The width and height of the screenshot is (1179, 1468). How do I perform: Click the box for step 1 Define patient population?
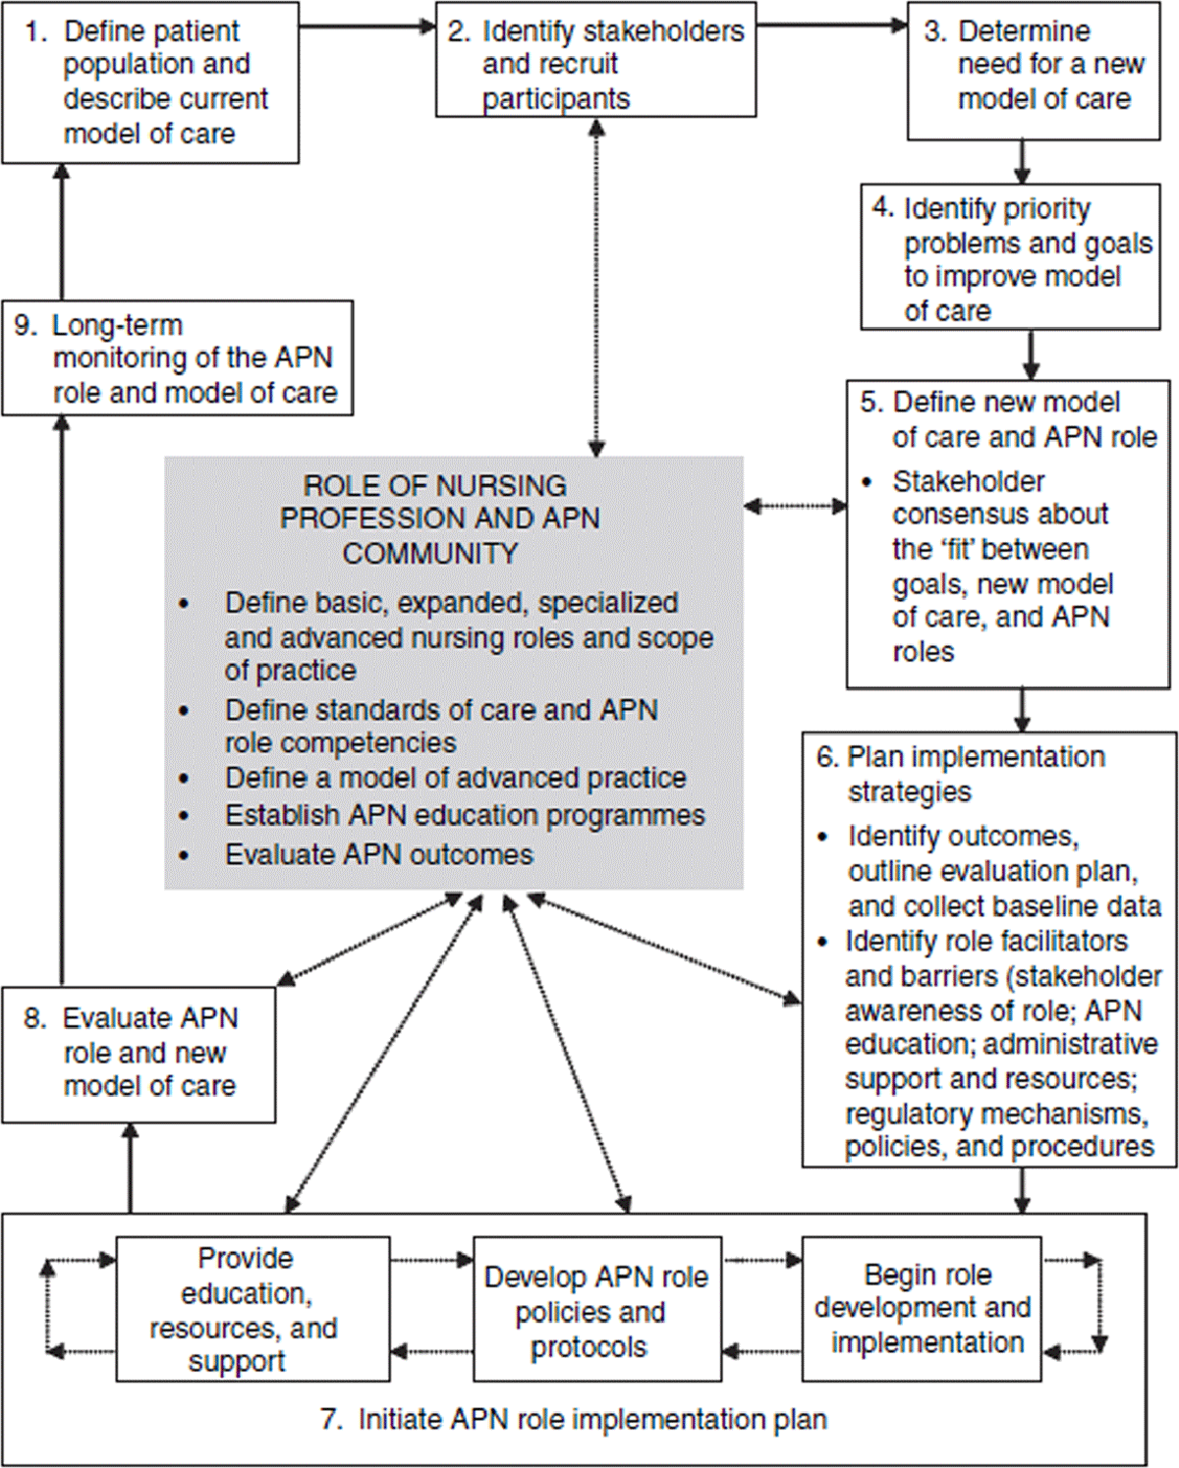coord(150,82)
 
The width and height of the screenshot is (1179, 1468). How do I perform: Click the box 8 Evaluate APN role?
coord(139,1053)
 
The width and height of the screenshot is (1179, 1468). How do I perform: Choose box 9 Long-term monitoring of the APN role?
coord(178,358)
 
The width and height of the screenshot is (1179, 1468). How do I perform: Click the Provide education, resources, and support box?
coord(253,1309)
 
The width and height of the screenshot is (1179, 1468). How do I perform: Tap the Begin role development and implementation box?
coord(922,1308)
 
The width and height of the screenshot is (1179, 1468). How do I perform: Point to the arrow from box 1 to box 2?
coord(367,27)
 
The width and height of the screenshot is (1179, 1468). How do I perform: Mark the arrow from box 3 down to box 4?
coord(1022,161)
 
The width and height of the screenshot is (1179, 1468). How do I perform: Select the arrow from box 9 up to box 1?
coord(62,232)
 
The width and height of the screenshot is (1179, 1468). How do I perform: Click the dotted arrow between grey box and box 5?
coord(795,507)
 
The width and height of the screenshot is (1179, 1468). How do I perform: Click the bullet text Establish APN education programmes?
coord(465,816)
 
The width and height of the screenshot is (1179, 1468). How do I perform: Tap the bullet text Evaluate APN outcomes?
coord(379,854)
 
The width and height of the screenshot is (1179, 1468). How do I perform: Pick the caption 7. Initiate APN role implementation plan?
coord(574,1419)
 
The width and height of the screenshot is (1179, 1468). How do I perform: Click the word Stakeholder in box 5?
coord(968,481)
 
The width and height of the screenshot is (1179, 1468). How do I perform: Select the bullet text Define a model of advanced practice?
coord(455,778)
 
